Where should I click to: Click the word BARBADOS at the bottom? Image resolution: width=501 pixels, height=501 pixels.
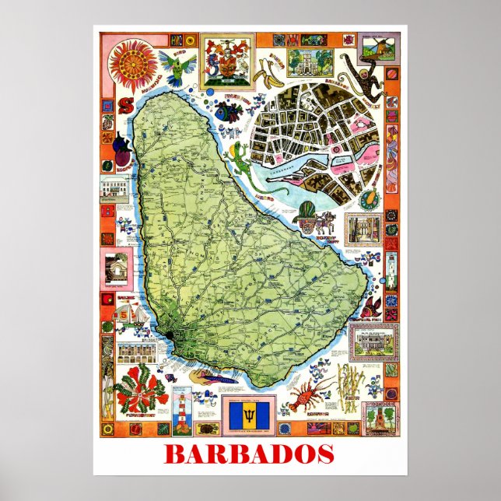pyautogui.click(x=250, y=454)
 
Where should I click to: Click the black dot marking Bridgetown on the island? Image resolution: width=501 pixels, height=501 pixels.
pyautogui.click(x=170, y=335)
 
